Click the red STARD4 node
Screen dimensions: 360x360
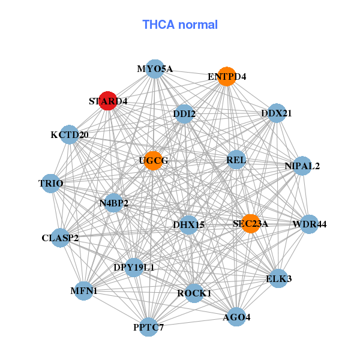pyautogui.click(x=107, y=101)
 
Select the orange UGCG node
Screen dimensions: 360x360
pyautogui.click(x=153, y=161)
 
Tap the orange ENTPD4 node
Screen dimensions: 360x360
pyautogui.click(x=227, y=77)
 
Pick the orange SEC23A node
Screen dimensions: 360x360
pyautogui.click(x=251, y=224)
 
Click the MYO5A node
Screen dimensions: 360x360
pyautogui.click(x=155, y=69)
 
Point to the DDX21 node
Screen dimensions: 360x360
pyautogui.click(x=277, y=113)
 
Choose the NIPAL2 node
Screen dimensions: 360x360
pyautogui.click(x=302, y=166)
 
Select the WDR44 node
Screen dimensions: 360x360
pyautogui.click(x=309, y=224)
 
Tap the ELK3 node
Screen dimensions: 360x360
pyautogui.click(x=278, y=278)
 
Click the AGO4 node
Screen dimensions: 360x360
pyautogui.click(x=236, y=317)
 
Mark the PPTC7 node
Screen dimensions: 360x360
pyautogui.click(x=149, y=327)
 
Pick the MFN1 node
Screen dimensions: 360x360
pyautogui.click(x=84, y=291)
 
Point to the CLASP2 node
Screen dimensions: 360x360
pyautogui.click(x=60, y=238)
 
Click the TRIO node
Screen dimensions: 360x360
pyautogui.click(x=51, y=184)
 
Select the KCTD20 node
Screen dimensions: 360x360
pyautogui.click(x=70, y=134)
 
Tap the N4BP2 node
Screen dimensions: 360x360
pyautogui.click(x=113, y=203)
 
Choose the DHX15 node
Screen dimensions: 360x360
pyautogui.click(x=188, y=225)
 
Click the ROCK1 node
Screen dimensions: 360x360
pyautogui.click(x=194, y=293)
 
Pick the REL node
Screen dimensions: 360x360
pyautogui.click(x=236, y=160)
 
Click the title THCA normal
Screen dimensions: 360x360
pyautogui.click(x=180, y=25)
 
